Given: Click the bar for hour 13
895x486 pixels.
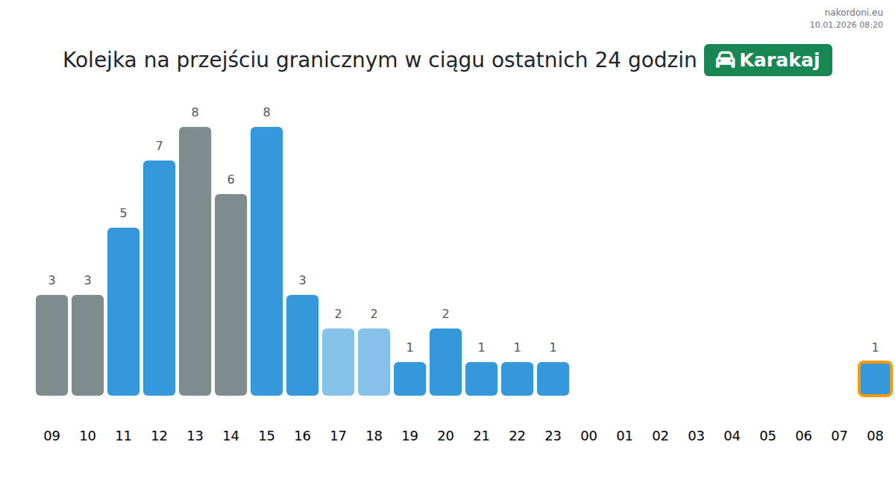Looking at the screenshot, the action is [x=195, y=261].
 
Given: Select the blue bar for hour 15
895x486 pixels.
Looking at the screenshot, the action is [x=266, y=261].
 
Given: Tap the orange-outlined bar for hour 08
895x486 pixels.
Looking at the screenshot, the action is [x=875, y=378].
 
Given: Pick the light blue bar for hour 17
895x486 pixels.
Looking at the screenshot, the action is [x=338, y=362].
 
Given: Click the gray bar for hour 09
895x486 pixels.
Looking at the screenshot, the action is [x=52, y=345].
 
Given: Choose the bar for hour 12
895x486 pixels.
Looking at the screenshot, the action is [x=159, y=278].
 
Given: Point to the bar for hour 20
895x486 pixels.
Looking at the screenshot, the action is [x=445, y=362].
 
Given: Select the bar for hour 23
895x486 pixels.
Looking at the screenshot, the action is [x=553, y=378].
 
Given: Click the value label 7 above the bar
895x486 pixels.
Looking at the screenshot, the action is [x=159, y=146].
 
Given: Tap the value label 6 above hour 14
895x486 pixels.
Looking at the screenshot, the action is [x=230, y=180].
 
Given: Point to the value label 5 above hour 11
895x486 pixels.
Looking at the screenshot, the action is [x=123, y=214].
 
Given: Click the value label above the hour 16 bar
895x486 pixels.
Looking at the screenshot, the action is [x=303, y=281].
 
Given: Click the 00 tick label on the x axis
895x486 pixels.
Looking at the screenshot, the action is [x=588, y=435].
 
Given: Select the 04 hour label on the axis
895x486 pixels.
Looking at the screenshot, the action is [x=732, y=435].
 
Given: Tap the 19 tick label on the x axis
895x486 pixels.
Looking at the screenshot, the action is [x=409, y=435].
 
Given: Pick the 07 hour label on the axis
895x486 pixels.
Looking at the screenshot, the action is [x=839, y=435].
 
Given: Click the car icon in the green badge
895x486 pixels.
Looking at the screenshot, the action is [x=725, y=60].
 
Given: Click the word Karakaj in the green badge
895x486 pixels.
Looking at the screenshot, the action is [x=779, y=60].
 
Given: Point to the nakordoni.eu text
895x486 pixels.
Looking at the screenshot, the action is [x=853, y=13].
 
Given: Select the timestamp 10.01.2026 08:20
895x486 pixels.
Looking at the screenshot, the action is [x=847, y=25].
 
